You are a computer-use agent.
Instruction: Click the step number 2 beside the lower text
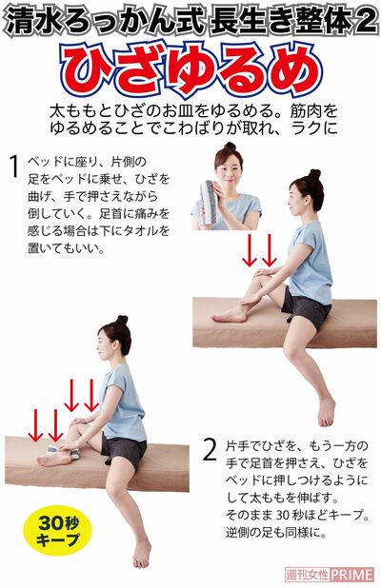click(210, 449)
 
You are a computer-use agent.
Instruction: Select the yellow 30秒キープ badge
click(59, 531)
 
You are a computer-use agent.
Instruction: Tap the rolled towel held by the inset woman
click(211, 202)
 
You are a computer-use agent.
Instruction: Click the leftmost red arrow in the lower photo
click(35, 424)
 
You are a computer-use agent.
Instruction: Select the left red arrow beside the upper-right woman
click(250, 249)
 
